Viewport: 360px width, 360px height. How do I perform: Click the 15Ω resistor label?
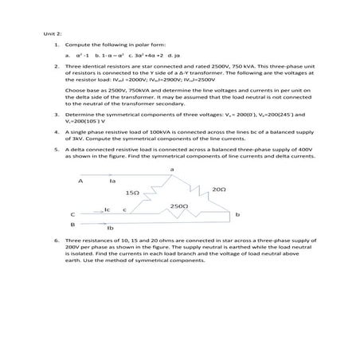133,193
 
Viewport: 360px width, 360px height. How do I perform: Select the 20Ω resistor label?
220,189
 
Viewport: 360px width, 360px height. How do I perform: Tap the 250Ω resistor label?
179,205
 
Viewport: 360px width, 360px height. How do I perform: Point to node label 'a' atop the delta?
172,169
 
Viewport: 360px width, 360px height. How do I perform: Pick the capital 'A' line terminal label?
80,181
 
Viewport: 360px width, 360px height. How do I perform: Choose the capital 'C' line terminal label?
73,214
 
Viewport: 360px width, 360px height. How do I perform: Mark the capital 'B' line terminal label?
72,225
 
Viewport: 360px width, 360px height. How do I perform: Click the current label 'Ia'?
112,181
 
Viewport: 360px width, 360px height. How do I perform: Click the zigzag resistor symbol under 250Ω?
180,213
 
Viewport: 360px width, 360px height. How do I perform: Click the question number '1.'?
56,46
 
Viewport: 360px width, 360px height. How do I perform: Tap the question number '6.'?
56,239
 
